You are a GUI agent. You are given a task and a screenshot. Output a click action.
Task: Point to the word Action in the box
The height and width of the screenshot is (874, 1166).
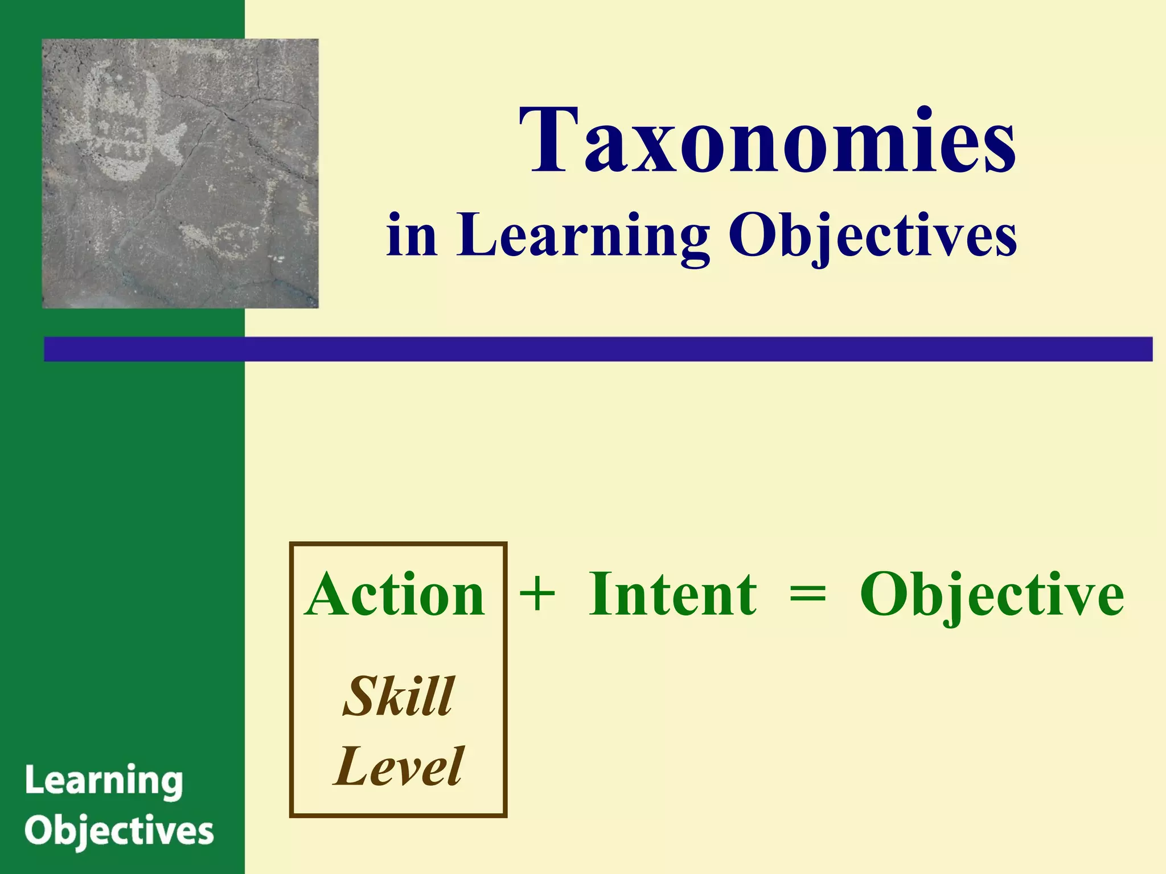tap(395, 595)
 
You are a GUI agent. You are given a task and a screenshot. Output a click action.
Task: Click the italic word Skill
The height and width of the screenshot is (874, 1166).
tap(399, 696)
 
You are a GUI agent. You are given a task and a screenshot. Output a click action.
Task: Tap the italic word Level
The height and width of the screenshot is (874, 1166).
tap(399, 767)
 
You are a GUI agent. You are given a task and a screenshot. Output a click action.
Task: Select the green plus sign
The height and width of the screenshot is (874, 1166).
tap(537, 595)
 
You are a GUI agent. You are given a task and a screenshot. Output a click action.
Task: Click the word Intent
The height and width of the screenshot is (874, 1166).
tap(672, 595)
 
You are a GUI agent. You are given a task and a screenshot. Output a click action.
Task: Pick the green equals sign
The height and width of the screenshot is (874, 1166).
tap(807, 595)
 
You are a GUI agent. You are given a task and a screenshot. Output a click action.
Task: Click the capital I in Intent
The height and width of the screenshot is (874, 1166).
tap(601, 595)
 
